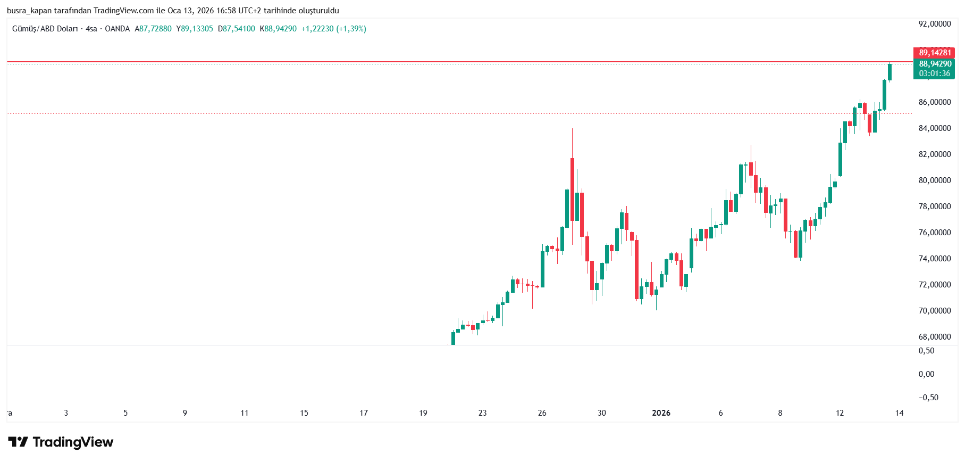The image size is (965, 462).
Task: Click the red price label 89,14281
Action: pos(934,53)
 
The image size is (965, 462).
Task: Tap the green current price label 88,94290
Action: pos(934,64)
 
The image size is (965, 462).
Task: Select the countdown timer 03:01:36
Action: pos(934,73)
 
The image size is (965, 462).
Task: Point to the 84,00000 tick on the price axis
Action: pos(934,128)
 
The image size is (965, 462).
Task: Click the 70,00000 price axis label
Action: pos(934,311)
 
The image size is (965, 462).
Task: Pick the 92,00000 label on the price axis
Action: pos(934,24)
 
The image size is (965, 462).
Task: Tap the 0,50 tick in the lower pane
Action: pos(926,351)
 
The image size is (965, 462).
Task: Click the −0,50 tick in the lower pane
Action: pos(928,398)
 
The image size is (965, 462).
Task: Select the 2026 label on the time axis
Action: pos(661,413)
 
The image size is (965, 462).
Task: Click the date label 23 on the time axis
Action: pos(482,413)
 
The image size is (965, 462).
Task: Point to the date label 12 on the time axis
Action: pos(840,413)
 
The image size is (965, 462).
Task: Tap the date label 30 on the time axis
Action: pos(601,413)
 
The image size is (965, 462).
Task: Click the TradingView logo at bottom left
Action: pos(61,442)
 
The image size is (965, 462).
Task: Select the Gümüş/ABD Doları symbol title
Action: pos(45,29)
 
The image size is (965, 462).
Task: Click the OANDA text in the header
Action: pos(117,29)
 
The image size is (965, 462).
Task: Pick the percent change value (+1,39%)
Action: pos(351,29)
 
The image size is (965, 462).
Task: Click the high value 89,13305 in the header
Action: pos(197,29)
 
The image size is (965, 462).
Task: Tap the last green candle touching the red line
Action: pos(890,72)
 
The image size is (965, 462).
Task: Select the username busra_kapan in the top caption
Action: pos(29,11)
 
